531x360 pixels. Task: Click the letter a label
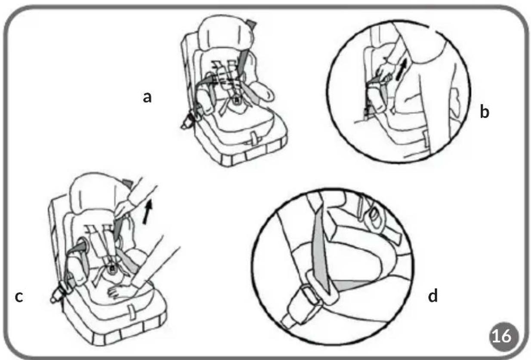tap(147, 98)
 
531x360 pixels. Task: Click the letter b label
tap(484, 111)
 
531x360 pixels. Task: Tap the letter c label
tap(19, 296)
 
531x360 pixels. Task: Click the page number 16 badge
tap(504, 336)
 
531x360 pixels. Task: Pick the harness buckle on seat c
tap(113, 268)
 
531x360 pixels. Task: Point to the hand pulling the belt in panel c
tap(126, 207)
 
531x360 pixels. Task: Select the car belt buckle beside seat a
tap(189, 120)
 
